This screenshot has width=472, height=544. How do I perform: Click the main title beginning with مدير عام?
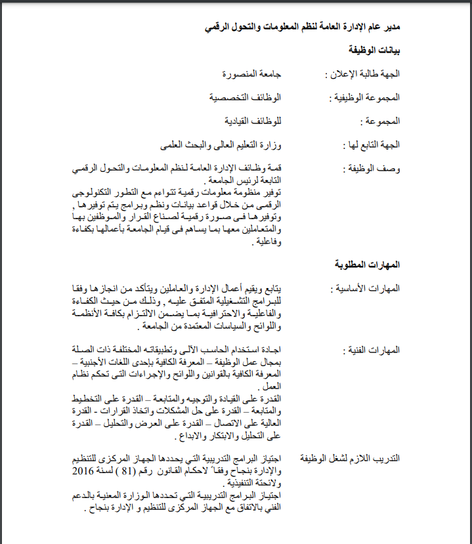302,27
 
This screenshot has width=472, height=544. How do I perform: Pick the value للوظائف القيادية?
253,121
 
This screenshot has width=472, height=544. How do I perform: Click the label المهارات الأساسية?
368,289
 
